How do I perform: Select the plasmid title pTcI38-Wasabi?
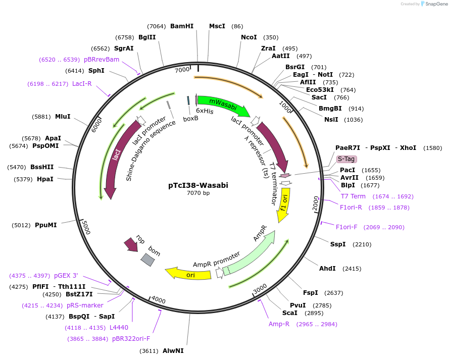click(x=198, y=185)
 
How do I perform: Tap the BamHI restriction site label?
click(x=182, y=26)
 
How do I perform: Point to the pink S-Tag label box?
click(x=346, y=159)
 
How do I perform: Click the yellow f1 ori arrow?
click(x=284, y=206)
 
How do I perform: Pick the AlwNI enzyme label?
click(x=173, y=350)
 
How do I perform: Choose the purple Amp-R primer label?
click(x=279, y=324)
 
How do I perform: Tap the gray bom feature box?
click(x=147, y=260)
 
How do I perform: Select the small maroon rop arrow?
click(x=131, y=245)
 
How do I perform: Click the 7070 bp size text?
click(x=198, y=193)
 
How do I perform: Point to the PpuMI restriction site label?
click(x=46, y=225)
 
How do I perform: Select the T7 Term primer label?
click(x=353, y=196)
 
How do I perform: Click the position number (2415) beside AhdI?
click(x=352, y=269)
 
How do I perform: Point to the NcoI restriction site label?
click(x=249, y=37)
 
